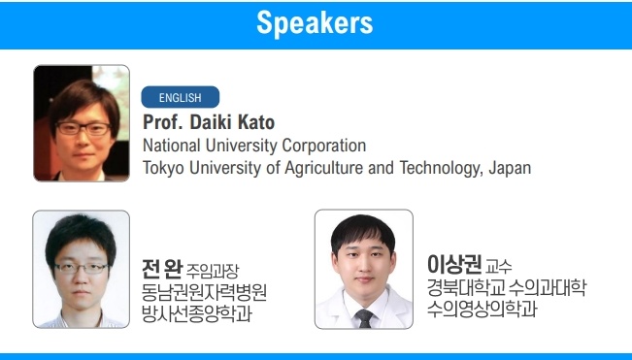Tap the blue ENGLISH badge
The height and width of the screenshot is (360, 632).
click(181, 97)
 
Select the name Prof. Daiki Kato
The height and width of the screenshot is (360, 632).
click(209, 123)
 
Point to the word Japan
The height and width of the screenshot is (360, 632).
click(510, 168)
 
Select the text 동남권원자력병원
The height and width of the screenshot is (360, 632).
click(204, 292)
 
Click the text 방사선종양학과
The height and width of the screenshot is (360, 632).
click(197, 313)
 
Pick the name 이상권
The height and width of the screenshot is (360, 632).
click(454, 264)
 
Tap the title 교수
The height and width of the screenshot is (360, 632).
click(499, 266)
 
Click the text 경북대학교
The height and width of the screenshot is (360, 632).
click(465, 288)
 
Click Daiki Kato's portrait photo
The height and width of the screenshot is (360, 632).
click(82, 122)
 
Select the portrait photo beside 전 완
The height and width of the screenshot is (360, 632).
click(82, 269)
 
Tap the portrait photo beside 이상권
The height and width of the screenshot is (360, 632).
click(364, 269)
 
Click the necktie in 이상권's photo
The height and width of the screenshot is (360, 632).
click(364, 317)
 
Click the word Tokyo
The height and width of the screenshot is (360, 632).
click(164, 168)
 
